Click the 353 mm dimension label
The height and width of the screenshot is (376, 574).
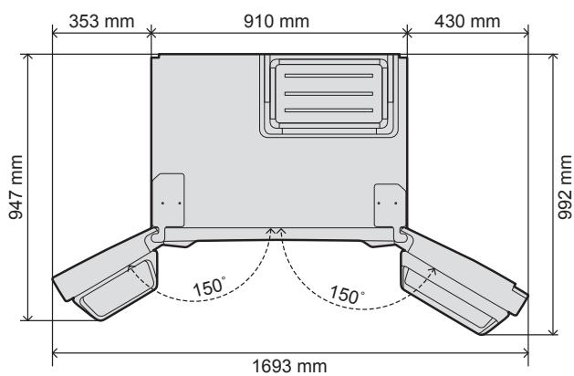(97, 18)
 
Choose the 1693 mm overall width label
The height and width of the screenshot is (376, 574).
(290, 365)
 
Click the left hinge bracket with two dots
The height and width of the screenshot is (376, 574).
(170, 195)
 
